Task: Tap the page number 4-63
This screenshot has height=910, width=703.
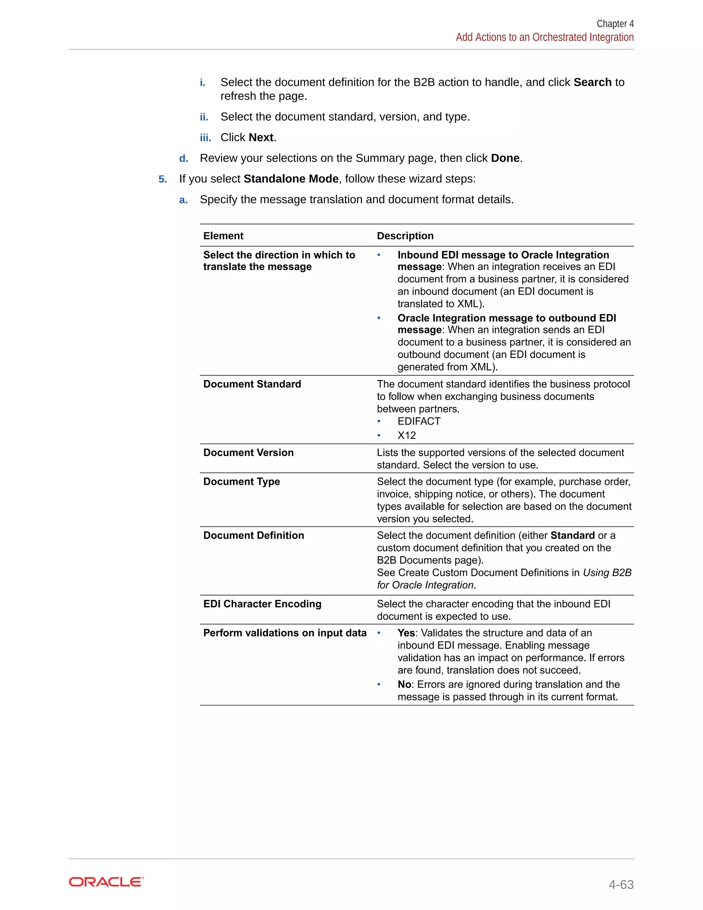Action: (621, 884)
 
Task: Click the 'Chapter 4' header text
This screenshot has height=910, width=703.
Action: (615, 24)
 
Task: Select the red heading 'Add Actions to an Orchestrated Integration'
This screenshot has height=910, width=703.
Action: (544, 37)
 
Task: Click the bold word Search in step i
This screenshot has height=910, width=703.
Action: (592, 82)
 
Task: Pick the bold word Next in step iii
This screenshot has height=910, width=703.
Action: (261, 137)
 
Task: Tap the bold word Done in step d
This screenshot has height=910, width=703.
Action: (505, 158)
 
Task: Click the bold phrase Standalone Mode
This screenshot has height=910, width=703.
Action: (291, 179)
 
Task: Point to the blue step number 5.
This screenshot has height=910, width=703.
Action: (162, 180)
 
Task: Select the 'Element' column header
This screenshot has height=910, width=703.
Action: (223, 236)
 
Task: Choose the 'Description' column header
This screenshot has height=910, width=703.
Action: (405, 236)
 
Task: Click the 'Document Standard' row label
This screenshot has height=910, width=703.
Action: (252, 384)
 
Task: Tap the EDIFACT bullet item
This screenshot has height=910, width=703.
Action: (418, 421)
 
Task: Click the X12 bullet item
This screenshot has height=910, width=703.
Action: (406, 435)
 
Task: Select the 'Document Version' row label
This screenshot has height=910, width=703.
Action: (248, 453)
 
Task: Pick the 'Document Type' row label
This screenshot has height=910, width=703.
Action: (242, 482)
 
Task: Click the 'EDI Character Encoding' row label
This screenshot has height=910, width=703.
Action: (262, 604)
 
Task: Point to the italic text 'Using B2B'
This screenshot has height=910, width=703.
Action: (607, 573)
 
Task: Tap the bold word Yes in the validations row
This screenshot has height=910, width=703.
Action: (406, 633)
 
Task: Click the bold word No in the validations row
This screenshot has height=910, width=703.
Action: (404, 685)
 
